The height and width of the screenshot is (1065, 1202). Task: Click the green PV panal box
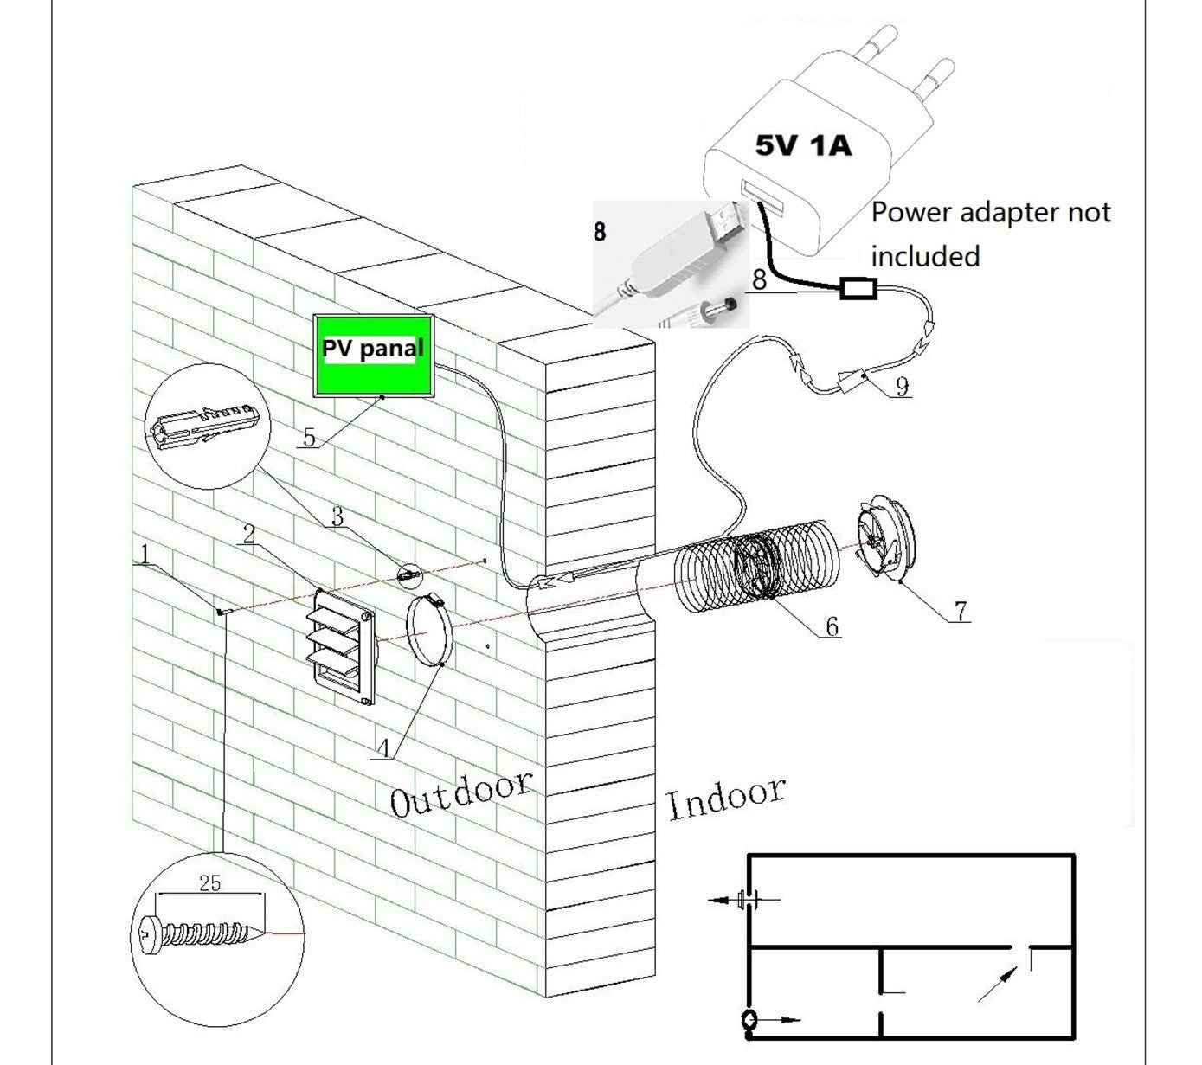pos(373,353)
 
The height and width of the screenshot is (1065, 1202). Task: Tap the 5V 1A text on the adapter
pos(803,145)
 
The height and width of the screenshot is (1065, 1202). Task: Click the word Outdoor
pos(460,792)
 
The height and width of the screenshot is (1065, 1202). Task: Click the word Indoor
pos(726,798)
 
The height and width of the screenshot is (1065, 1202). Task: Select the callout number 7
pos(961,611)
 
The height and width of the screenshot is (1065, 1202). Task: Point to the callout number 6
pos(832,626)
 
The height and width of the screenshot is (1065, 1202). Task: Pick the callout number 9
pos(902,386)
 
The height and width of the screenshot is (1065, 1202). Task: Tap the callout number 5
pos(309,437)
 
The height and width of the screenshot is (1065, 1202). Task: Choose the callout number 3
pos(337,516)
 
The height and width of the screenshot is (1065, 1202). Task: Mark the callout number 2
pos(248,534)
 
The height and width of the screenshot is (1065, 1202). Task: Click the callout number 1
pos(145,554)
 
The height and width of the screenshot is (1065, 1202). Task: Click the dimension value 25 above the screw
pos(209,883)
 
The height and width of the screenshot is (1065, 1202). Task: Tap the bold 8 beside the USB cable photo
pos(600,232)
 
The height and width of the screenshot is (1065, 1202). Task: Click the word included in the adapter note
pos(925,256)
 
